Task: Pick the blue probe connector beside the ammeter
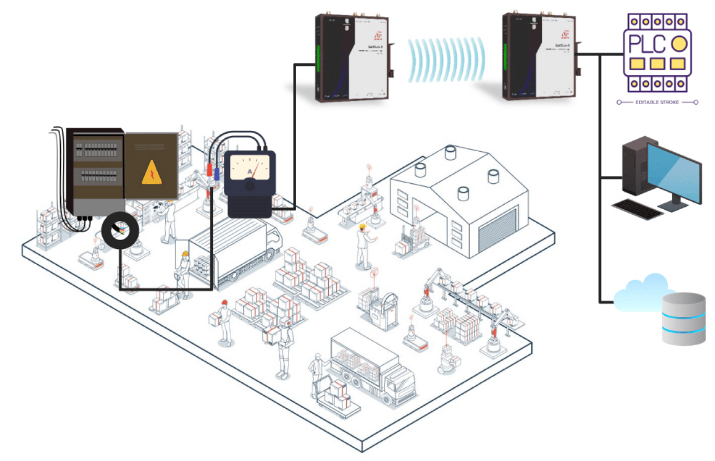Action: [216, 173]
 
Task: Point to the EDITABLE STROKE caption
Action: [657, 102]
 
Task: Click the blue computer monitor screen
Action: [673, 171]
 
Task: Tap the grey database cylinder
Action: [683, 319]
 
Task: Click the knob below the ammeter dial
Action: [250, 186]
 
